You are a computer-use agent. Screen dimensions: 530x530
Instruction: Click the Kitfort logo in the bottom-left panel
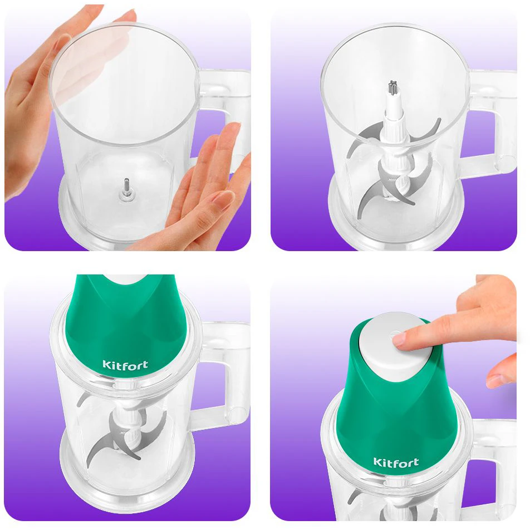tap(125, 365)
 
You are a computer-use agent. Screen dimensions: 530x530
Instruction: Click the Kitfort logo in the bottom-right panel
tap(396, 462)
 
